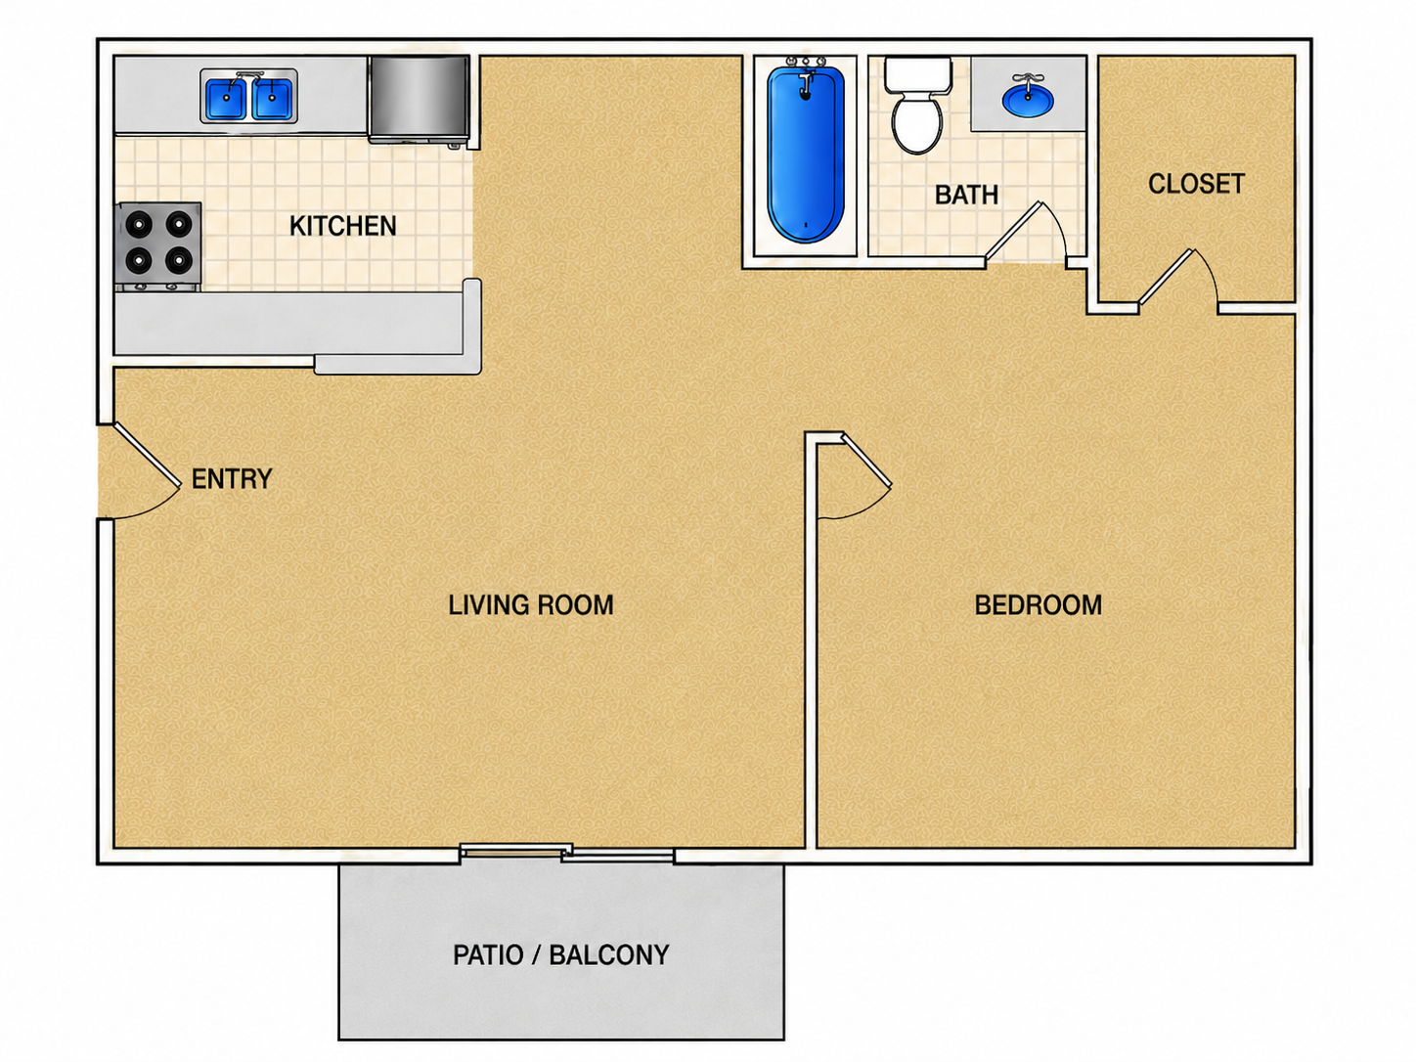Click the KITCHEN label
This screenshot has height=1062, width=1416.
click(342, 226)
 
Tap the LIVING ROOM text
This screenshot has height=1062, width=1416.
click(531, 604)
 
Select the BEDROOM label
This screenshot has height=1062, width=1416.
click(1038, 604)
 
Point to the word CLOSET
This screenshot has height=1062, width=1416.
click(1196, 185)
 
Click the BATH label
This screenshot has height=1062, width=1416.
click(966, 195)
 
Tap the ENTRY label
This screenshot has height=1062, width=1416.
click(232, 479)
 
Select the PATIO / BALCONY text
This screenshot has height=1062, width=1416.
click(561, 955)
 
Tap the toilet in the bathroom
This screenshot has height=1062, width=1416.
click(917, 105)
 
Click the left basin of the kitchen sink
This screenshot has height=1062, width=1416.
click(226, 99)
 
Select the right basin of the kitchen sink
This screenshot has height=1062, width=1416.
click(273, 99)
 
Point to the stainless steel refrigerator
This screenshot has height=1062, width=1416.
click(419, 99)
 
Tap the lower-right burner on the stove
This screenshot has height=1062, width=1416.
click(179, 260)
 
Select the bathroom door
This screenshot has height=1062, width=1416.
click(1014, 232)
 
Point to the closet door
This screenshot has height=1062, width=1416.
click(1168, 277)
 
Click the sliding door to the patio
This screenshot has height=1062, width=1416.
click(567, 853)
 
